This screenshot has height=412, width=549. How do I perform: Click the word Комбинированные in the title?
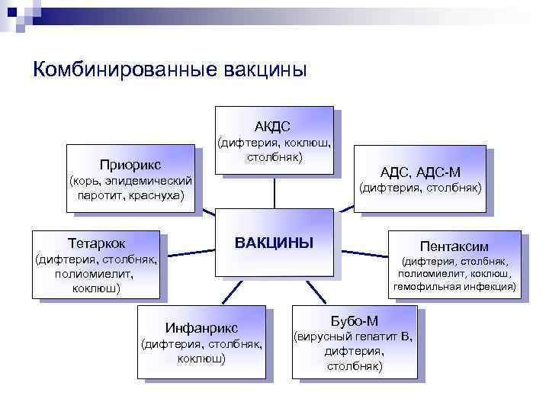[125, 69]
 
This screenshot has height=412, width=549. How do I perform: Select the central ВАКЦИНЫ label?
[274, 243]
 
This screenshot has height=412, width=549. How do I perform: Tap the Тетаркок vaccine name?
[97, 243]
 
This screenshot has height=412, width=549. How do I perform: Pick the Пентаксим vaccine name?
[454, 246]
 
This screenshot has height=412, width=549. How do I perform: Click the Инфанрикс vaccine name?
[201, 328]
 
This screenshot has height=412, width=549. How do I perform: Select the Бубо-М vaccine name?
[354, 320]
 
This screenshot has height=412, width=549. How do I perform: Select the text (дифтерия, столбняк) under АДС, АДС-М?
[421, 187]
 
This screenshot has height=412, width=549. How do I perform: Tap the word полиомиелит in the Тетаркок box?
[97, 274]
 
